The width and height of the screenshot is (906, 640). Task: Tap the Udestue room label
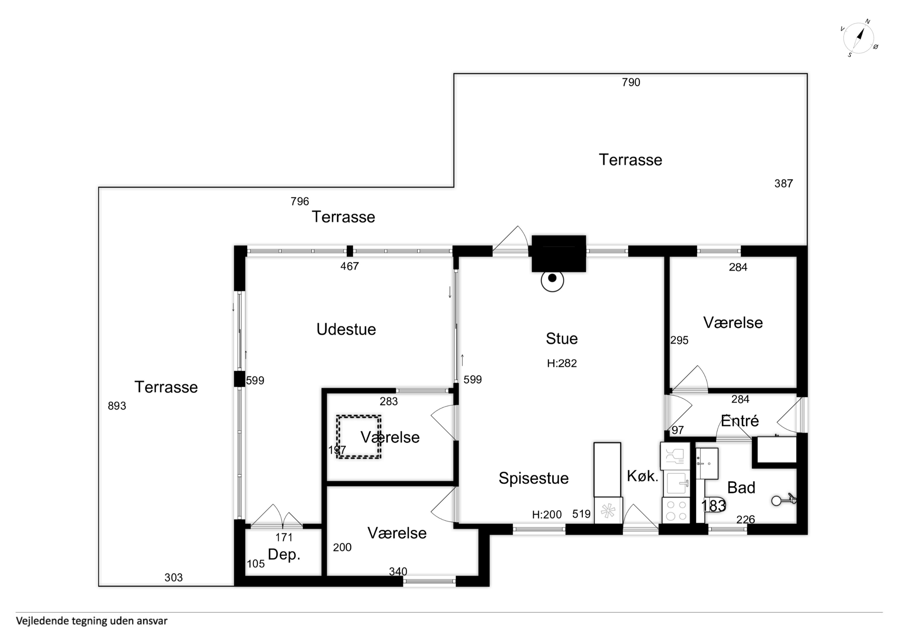(346, 329)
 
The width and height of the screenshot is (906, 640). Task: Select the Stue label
(561, 338)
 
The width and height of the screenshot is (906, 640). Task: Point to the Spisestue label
(534, 478)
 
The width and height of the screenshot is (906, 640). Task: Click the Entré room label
(739, 421)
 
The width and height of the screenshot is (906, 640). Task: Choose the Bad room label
(741, 488)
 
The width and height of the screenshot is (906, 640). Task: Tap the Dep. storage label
(284, 554)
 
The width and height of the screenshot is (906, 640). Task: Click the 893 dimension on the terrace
(117, 406)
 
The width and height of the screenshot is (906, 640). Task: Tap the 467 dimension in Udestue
(350, 266)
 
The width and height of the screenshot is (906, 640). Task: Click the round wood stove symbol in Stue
(552, 280)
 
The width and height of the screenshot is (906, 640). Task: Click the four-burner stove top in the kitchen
(676, 510)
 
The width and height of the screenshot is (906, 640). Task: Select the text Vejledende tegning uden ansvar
(92, 621)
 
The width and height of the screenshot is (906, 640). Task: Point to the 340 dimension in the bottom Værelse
(398, 571)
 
